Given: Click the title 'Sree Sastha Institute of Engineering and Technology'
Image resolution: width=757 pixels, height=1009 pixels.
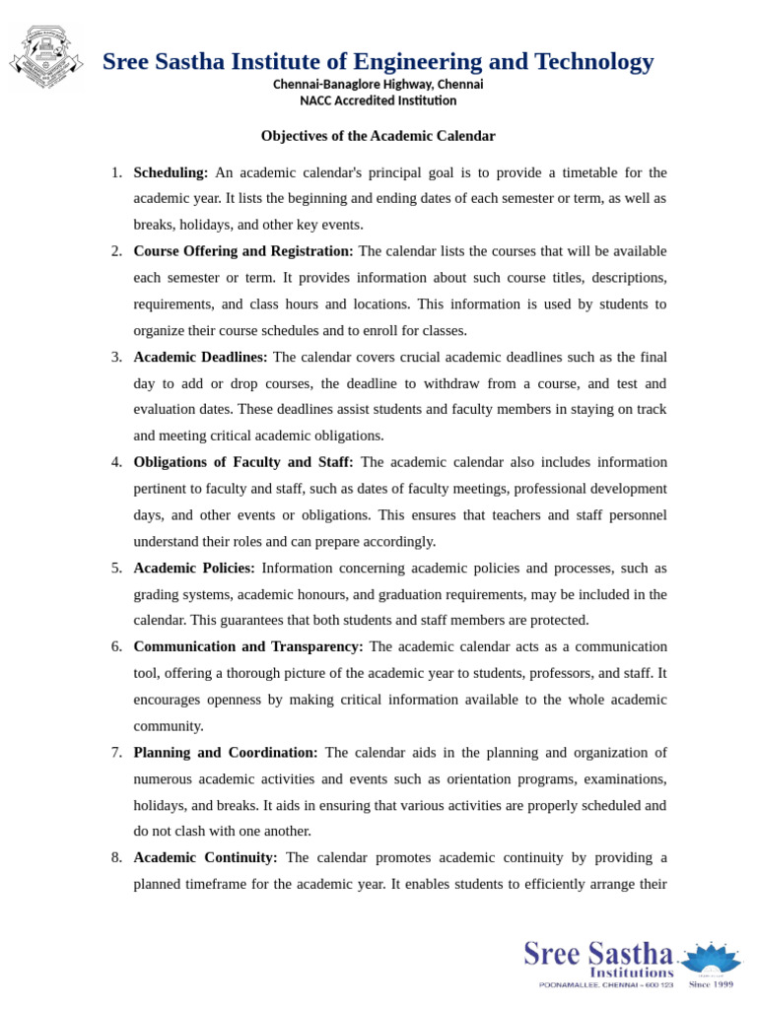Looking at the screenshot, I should point(378,62).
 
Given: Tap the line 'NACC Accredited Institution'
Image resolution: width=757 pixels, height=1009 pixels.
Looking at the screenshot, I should point(378,101).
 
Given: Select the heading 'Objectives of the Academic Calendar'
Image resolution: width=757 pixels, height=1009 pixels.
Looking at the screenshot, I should point(378,136).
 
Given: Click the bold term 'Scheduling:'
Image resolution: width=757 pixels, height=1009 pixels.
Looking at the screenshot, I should point(171,172).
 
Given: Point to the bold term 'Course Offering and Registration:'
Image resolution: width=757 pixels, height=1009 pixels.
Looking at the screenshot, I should point(243,251).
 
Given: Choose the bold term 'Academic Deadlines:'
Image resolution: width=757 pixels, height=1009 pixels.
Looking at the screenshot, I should point(200,357).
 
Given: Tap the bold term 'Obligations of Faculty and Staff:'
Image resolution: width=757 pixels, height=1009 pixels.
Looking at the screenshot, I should point(243,462).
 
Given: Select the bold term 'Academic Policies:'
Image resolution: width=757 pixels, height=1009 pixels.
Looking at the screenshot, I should point(194,568).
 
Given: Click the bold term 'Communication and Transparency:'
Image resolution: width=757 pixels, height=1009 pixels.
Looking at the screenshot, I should point(248,646).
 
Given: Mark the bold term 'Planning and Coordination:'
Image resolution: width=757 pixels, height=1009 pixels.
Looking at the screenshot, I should point(226,752).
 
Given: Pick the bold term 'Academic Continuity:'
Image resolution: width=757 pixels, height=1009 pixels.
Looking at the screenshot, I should point(205,857).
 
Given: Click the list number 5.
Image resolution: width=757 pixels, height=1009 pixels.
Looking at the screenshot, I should point(116,568).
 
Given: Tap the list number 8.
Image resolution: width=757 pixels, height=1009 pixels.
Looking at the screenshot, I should point(116,857).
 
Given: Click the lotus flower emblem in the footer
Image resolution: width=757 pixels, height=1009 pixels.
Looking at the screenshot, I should point(712,959).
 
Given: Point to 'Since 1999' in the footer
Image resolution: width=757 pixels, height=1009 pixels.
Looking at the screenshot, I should point(712,983).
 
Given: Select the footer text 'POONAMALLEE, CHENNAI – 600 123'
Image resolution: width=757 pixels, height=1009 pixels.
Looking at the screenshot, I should point(605,984).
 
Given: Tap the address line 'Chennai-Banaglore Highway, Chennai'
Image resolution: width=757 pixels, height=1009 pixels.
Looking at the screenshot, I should point(378,85).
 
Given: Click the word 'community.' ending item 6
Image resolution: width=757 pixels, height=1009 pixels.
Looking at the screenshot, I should point(169,726).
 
